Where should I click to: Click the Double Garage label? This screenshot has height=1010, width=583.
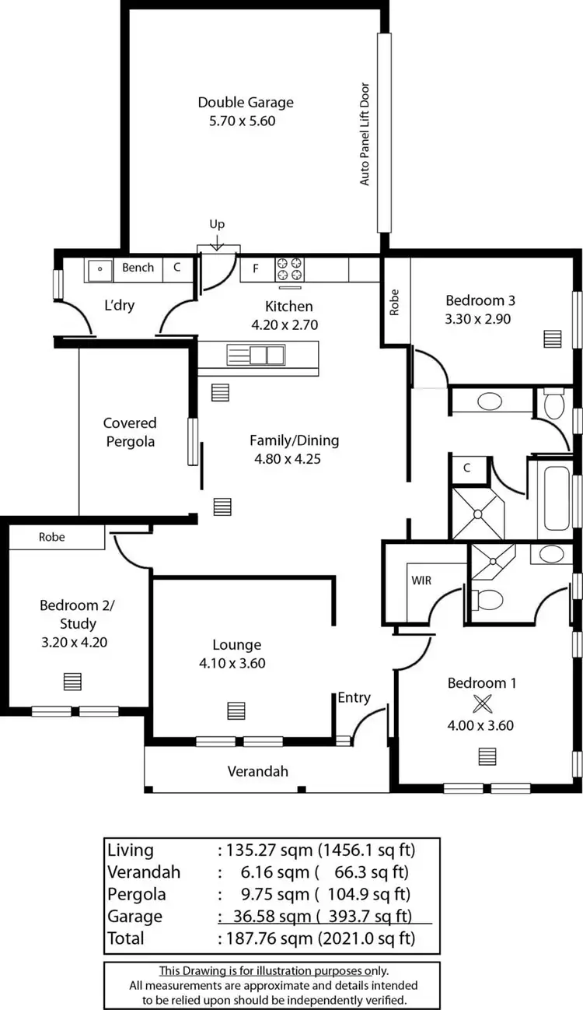click(246, 102)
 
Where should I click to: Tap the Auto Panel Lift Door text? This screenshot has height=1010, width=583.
click(365, 134)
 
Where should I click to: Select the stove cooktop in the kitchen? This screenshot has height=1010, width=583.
click(290, 269)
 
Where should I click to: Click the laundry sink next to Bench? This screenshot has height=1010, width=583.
click(99, 269)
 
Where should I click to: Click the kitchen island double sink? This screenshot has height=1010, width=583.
click(256, 356)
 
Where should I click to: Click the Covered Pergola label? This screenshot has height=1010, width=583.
click(130, 432)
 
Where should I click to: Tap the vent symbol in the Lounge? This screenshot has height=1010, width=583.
click(236, 710)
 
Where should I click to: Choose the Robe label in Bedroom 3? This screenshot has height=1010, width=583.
click(395, 302)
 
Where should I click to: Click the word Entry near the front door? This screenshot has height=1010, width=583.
click(354, 697)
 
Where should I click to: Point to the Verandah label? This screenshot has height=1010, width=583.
click(257, 771)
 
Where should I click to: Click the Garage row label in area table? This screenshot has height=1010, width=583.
click(135, 917)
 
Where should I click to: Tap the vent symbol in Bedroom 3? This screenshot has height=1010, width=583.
click(552, 339)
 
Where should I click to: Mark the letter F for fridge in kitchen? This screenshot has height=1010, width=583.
click(255, 269)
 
